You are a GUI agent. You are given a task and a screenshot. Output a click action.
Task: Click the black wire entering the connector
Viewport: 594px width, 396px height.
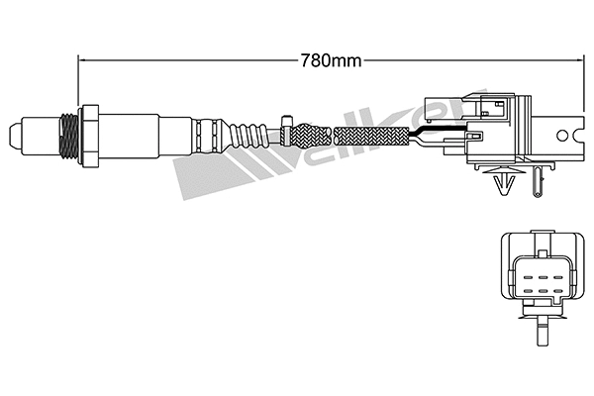(436, 136)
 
